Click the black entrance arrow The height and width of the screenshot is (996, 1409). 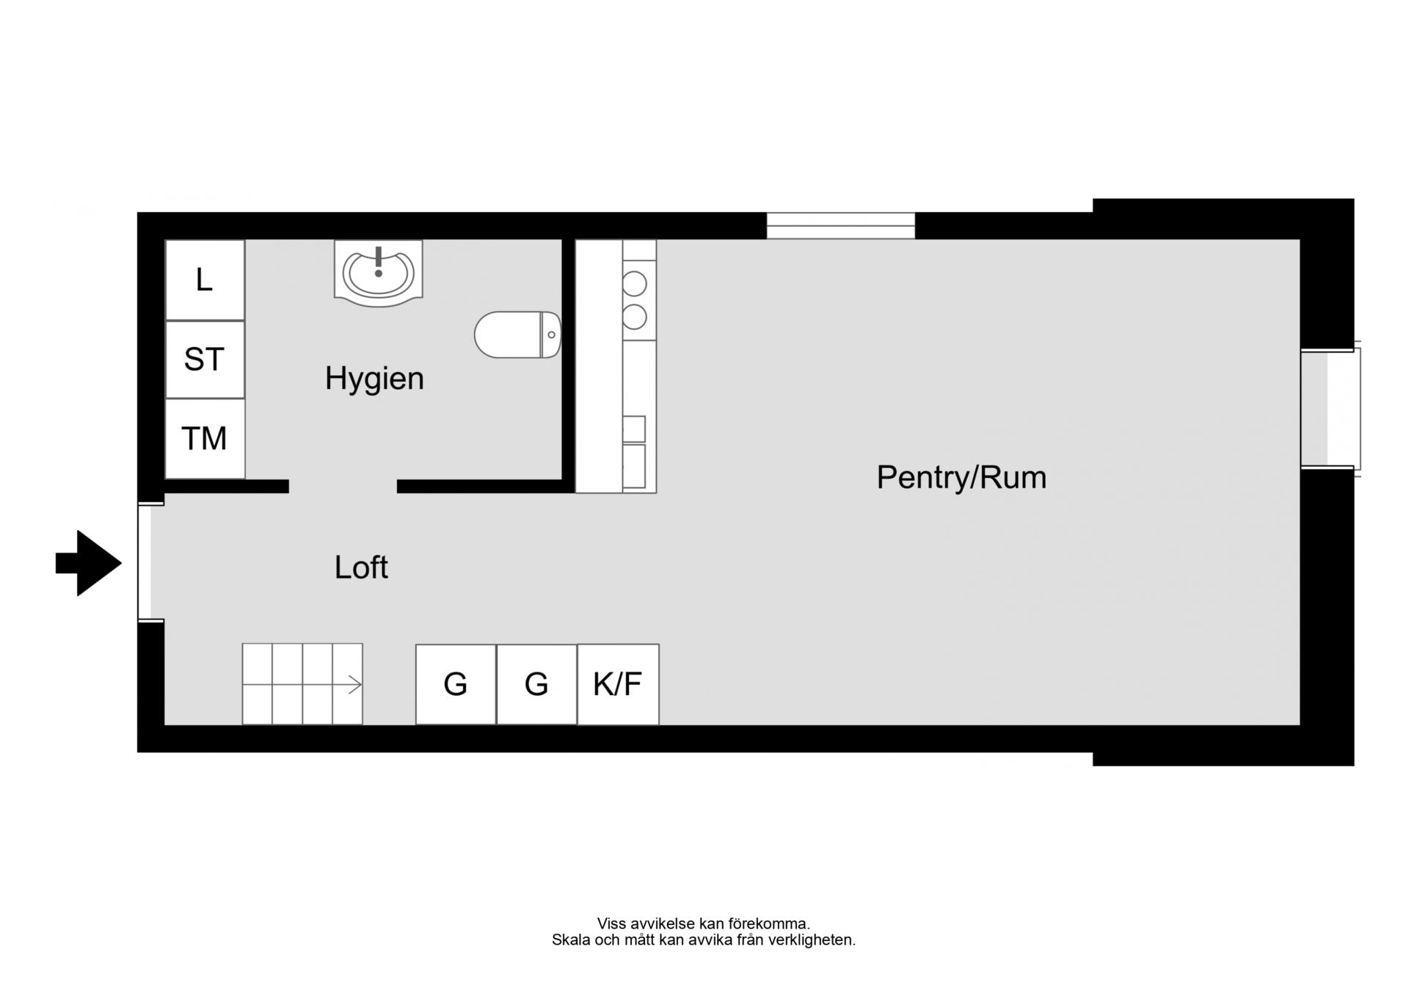point(89,563)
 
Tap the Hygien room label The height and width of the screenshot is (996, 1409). point(374,379)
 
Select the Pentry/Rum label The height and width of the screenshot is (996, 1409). point(961,478)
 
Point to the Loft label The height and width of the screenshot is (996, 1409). point(361,567)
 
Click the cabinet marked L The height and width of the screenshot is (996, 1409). point(205,280)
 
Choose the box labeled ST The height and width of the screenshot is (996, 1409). point(205,360)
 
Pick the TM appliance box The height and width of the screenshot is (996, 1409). point(205,439)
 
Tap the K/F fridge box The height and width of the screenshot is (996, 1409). point(618,684)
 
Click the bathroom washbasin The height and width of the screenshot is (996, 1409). point(378,272)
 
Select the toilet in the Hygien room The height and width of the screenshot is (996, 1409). point(518,335)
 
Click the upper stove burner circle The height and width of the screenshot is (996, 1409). point(635,283)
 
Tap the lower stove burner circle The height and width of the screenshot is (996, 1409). point(635,317)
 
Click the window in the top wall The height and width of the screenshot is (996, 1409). point(841,225)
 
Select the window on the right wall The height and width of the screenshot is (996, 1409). point(1330,408)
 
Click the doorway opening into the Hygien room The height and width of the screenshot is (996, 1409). point(343,486)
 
